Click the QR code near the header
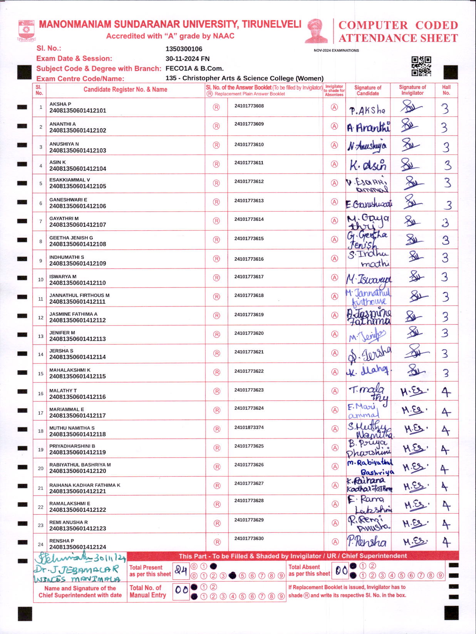(x=421, y=66)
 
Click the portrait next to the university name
(x=316, y=31)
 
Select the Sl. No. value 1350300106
(x=184, y=49)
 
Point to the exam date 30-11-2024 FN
(x=187, y=58)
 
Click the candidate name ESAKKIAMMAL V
(x=69, y=180)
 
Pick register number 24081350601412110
(x=77, y=283)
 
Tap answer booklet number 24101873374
(x=249, y=427)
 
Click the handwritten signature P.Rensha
(x=367, y=542)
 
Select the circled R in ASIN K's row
(x=216, y=164)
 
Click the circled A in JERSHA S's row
(x=334, y=353)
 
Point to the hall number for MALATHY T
(x=446, y=392)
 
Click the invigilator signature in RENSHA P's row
(x=415, y=542)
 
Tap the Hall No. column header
(x=446, y=90)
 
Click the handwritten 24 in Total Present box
(x=181, y=570)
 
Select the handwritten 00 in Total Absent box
(x=341, y=571)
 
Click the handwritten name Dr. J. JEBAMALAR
(x=76, y=569)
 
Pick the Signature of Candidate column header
(x=367, y=90)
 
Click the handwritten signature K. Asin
(x=367, y=165)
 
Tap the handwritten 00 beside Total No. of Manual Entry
(x=181, y=590)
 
